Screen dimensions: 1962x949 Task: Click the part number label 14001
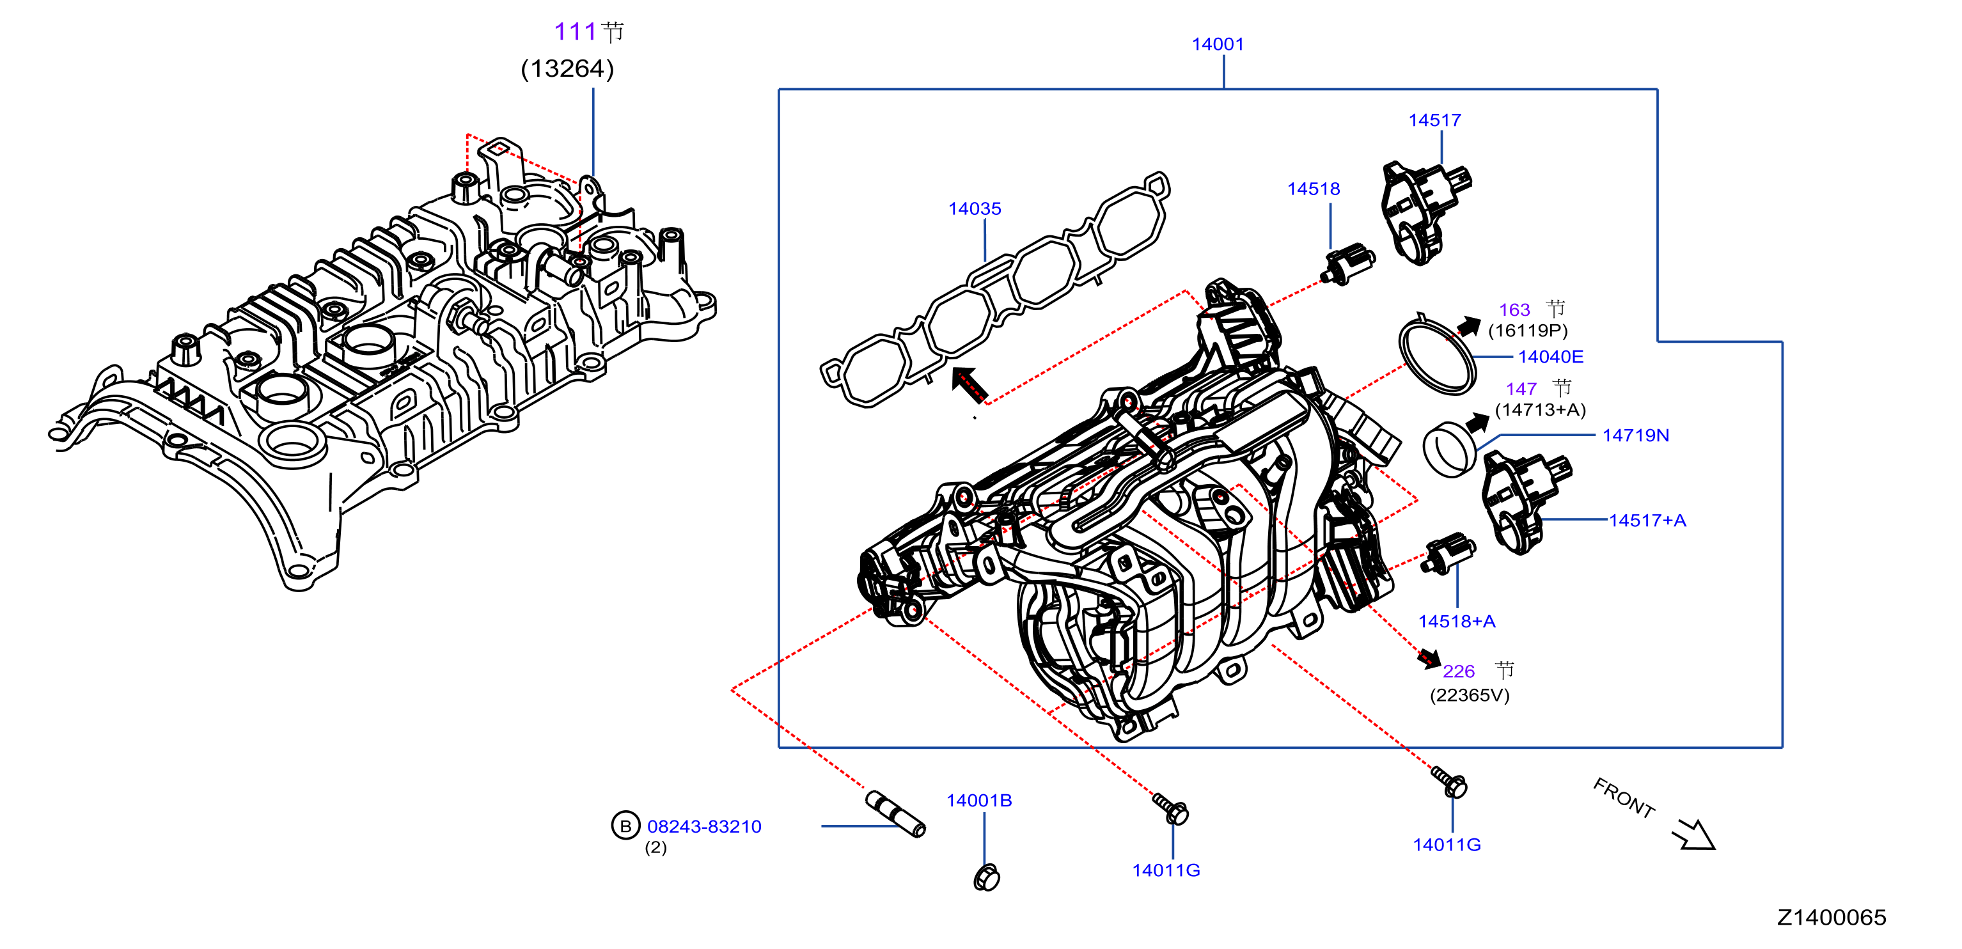tap(1217, 44)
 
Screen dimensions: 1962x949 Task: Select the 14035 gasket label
tap(974, 208)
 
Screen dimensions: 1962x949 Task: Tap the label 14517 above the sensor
tap(1434, 120)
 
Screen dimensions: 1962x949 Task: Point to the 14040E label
tap(1550, 356)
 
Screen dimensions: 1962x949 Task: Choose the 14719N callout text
tap(1635, 435)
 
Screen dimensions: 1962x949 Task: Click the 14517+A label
tap(1647, 521)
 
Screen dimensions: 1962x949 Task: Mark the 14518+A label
tap(1456, 622)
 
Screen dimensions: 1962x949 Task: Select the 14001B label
tap(978, 801)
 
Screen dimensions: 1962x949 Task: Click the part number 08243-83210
tap(703, 826)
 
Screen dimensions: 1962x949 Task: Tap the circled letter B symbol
tap(625, 826)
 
